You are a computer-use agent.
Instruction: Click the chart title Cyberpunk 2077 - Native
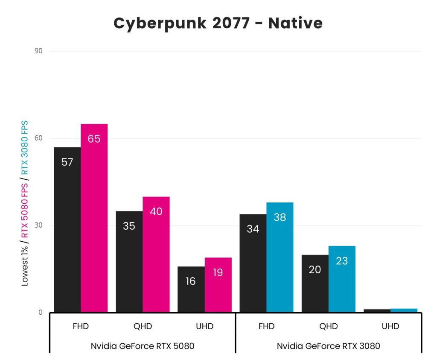coord(218,23)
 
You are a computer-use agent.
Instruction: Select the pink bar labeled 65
coord(94,218)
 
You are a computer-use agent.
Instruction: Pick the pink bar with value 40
coord(156,255)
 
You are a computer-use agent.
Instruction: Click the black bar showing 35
coord(129,262)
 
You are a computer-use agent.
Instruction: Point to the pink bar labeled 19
coord(218,285)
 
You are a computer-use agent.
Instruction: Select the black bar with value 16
coord(191,290)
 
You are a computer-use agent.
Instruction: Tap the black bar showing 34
coord(253,263)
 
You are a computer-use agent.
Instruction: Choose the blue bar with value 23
coord(342,279)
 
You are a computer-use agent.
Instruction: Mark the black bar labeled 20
coord(315,284)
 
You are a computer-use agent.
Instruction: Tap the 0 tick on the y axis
coord(41,313)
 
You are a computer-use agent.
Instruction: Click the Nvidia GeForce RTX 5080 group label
coord(142,346)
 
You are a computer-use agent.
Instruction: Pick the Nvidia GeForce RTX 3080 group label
coord(328,346)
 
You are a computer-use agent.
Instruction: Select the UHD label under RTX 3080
coord(390,327)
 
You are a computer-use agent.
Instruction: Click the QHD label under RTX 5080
coord(143,327)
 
